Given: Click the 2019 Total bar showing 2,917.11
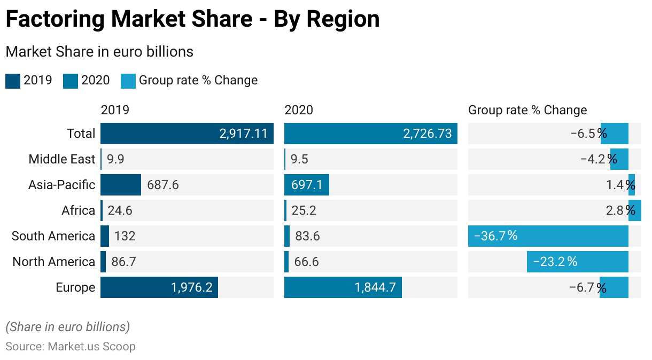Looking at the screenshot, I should [187, 134].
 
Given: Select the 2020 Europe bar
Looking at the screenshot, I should [343, 287].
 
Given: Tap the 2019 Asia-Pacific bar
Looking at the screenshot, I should [120, 185].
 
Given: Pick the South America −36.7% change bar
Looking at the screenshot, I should [548, 236].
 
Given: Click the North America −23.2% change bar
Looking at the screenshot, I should [577, 262].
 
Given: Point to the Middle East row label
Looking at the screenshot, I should [61, 159].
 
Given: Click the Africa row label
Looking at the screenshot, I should [78, 210].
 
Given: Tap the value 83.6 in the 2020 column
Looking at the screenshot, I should [307, 236].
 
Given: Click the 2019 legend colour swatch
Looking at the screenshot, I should [13, 81].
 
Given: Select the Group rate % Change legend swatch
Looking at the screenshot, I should [128, 81].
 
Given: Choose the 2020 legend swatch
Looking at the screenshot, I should [71, 81].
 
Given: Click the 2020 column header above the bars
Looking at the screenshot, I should [299, 110].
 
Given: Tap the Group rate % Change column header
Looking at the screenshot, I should [527, 110].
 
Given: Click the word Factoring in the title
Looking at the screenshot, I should [55, 19].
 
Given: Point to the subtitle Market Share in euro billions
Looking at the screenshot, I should [99, 52].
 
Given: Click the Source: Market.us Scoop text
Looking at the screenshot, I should [70, 346].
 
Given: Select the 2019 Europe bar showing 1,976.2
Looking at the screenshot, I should [159, 287].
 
